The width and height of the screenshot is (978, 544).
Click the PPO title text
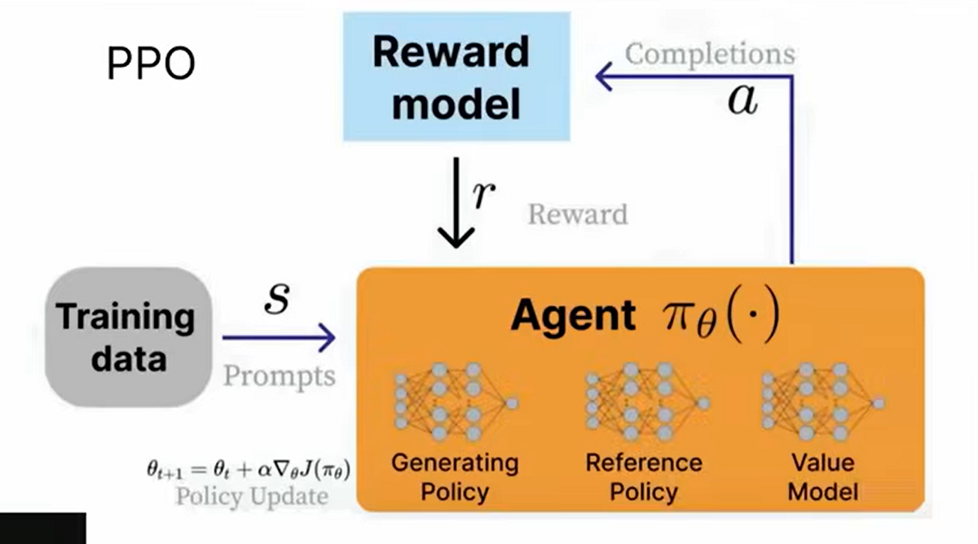pyautogui.click(x=151, y=64)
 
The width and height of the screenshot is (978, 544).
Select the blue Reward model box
pyautogui.click(x=456, y=77)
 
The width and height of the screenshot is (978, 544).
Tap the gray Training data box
pyautogui.click(x=129, y=337)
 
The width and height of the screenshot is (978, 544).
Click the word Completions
pyautogui.click(x=710, y=54)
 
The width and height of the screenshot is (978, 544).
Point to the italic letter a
pyautogui.click(x=742, y=100)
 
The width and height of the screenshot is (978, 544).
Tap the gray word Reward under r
pyautogui.click(x=578, y=215)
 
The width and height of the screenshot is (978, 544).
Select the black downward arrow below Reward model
pyautogui.click(x=456, y=203)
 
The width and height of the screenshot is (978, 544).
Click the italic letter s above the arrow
pyautogui.click(x=277, y=298)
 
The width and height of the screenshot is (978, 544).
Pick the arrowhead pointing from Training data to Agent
pyautogui.click(x=328, y=337)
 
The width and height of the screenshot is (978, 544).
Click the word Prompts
pyautogui.click(x=280, y=376)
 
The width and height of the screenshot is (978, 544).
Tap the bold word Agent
pyautogui.click(x=573, y=316)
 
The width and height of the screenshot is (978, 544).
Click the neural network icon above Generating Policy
pyautogui.click(x=456, y=401)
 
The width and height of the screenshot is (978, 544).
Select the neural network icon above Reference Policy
pyautogui.click(x=647, y=401)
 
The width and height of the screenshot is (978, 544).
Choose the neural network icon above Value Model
pyautogui.click(x=823, y=401)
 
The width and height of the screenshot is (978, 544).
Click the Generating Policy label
pyautogui.click(x=455, y=477)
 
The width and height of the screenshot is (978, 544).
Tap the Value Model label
pyautogui.click(x=823, y=477)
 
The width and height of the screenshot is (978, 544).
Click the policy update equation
pyautogui.click(x=249, y=470)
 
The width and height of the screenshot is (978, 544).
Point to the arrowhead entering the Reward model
pyautogui.click(x=604, y=77)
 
